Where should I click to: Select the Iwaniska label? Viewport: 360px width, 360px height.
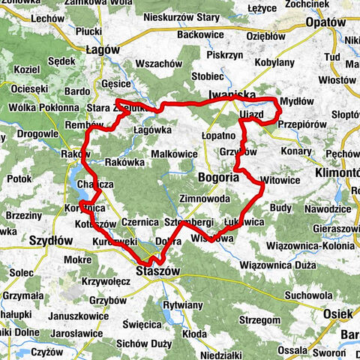click(x=231, y=94)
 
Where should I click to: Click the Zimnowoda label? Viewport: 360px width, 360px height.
click(x=205, y=199)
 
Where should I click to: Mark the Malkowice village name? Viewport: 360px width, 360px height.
click(x=173, y=154)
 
